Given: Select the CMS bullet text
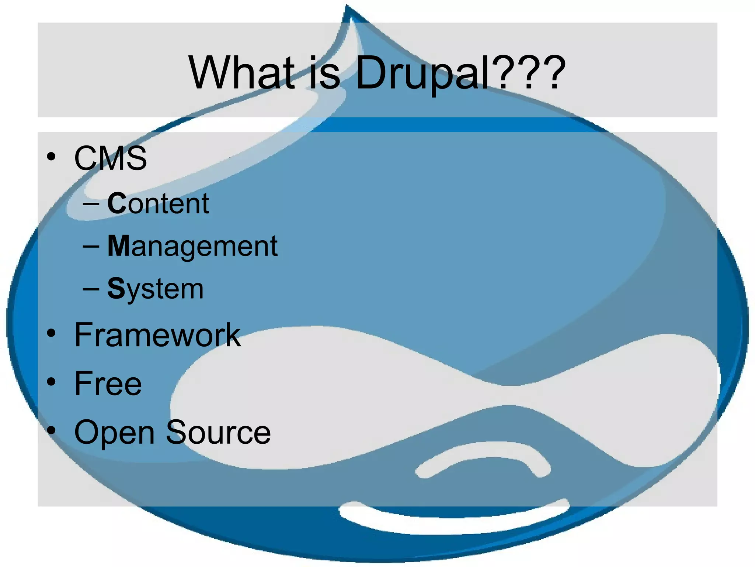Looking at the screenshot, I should pyautogui.click(x=111, y=158).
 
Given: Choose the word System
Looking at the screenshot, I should pyautogui.click(x=155, y=289).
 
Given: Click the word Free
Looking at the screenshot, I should pyautogui.click(x=108, y=384).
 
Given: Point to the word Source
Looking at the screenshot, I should pyautogui.click(x=218, y=432).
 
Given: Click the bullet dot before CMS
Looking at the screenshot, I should pyautogui.click(x=51, y=157).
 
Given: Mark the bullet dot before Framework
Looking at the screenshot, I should pyautogui.click(x=51, y=334).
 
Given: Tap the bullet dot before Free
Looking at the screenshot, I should pyautogui.click(x=51, y=382).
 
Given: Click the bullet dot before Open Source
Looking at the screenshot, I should pyautogui.click(x=51, y=430).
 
